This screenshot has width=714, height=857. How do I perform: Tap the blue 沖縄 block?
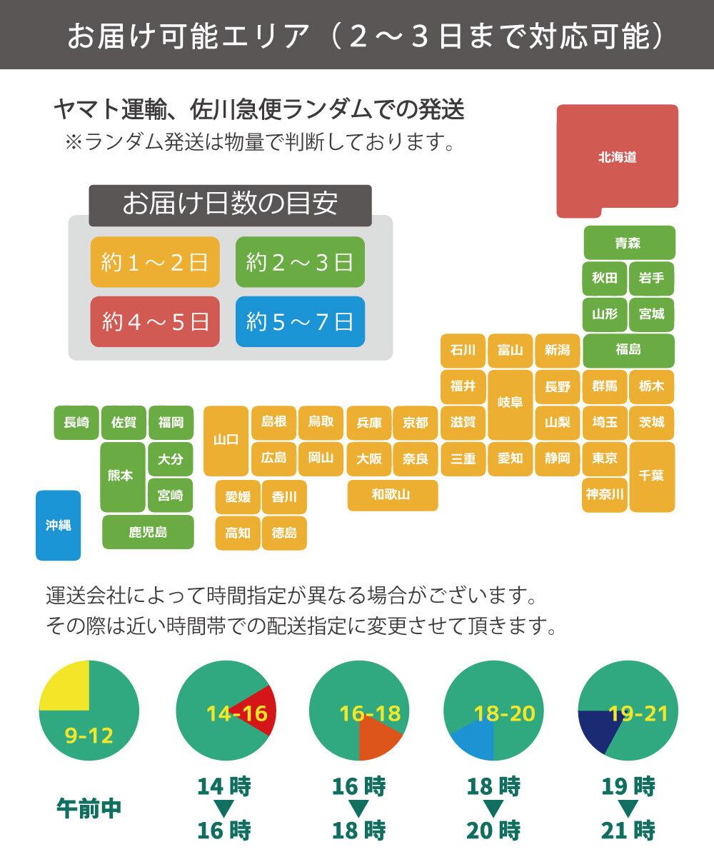(58, 525)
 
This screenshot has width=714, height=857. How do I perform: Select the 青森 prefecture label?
(629, 243)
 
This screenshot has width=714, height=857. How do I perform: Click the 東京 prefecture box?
(605, 458)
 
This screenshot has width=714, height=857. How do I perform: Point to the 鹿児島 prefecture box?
(148, 532)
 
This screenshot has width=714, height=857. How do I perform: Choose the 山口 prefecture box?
(226, 441)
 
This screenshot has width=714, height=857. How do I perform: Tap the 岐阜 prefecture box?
(510, 404)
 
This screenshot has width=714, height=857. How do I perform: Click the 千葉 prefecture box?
(652, 476)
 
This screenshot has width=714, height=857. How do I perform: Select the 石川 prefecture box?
(463, 350)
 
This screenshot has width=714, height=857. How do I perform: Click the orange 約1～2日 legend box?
(155, 262)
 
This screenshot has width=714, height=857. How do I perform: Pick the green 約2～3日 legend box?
(300, 262)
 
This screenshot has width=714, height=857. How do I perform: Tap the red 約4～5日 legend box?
(155, 321)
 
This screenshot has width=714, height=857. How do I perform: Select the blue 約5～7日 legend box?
(300, 321)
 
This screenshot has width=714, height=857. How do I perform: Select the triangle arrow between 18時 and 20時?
(493, 808)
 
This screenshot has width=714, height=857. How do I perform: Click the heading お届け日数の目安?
(230, 204)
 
